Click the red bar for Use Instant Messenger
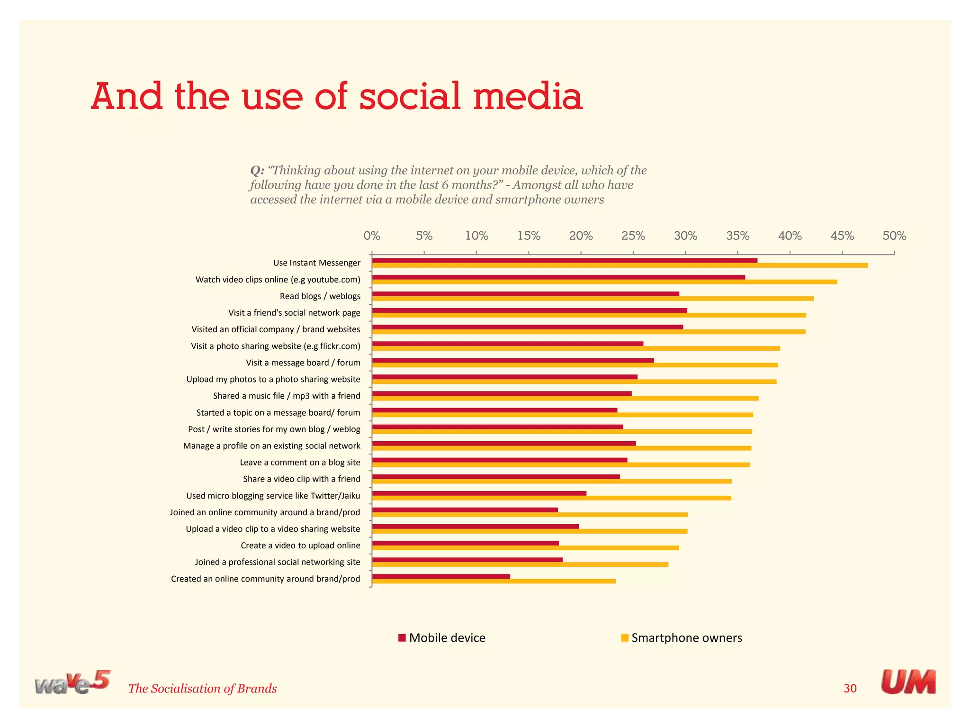click(x=564, y=261)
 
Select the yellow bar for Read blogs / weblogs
click(x=592, y=299)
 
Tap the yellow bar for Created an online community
click(x=493, y=581)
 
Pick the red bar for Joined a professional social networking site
click(x=467, y=560)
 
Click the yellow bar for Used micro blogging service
click(x=551, y=498)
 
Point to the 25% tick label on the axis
click(x=633, y=236)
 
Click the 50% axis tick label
click(x=894, y=236)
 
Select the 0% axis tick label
click(x=372, y=236)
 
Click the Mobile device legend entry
click(x=442, y=638)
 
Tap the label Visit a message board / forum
click(x=303, y=363)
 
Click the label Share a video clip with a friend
click(x=301, y=479)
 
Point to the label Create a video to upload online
click(x=300, y=546)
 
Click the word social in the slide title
click(x=410, y=97)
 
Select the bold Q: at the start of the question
click(x=257, y=171)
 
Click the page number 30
click(x=850, y=689)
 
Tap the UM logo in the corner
click(x=908, y=682)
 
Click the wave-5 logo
click(x=72, y=683)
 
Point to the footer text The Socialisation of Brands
click(x=202, y=689)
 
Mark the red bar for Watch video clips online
click(x=558, y=277)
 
